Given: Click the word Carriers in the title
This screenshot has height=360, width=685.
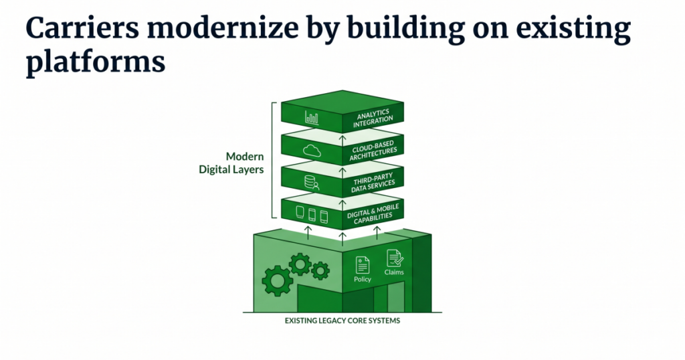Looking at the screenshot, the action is coord(82,28).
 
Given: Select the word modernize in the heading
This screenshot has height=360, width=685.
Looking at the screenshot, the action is coord(223,28).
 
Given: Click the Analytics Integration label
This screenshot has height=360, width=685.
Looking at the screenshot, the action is coord(373,118).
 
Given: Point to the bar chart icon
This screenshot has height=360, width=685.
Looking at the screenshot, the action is coord(312,118).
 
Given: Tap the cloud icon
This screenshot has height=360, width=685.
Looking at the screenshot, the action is coord(312,151).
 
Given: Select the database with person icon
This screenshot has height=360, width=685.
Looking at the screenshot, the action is coord(312,183).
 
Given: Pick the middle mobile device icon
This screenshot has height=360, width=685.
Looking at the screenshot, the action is coord(312,215).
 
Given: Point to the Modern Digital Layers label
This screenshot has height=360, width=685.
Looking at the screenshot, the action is coord(231,163).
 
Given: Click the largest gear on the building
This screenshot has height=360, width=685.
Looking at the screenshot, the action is coord(278,280).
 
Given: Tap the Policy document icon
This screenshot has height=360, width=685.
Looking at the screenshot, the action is coord(362,265).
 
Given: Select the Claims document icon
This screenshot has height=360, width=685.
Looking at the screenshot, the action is coord(395,258).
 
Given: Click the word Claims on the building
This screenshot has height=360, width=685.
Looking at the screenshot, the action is coord(394,272).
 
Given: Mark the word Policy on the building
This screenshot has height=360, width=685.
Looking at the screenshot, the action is coord(362,279).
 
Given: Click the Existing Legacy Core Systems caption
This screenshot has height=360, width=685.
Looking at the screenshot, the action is coord(342,321).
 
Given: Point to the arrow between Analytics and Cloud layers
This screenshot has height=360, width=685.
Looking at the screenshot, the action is coord(342,141).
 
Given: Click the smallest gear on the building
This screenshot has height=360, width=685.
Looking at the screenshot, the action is coord(320,271).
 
